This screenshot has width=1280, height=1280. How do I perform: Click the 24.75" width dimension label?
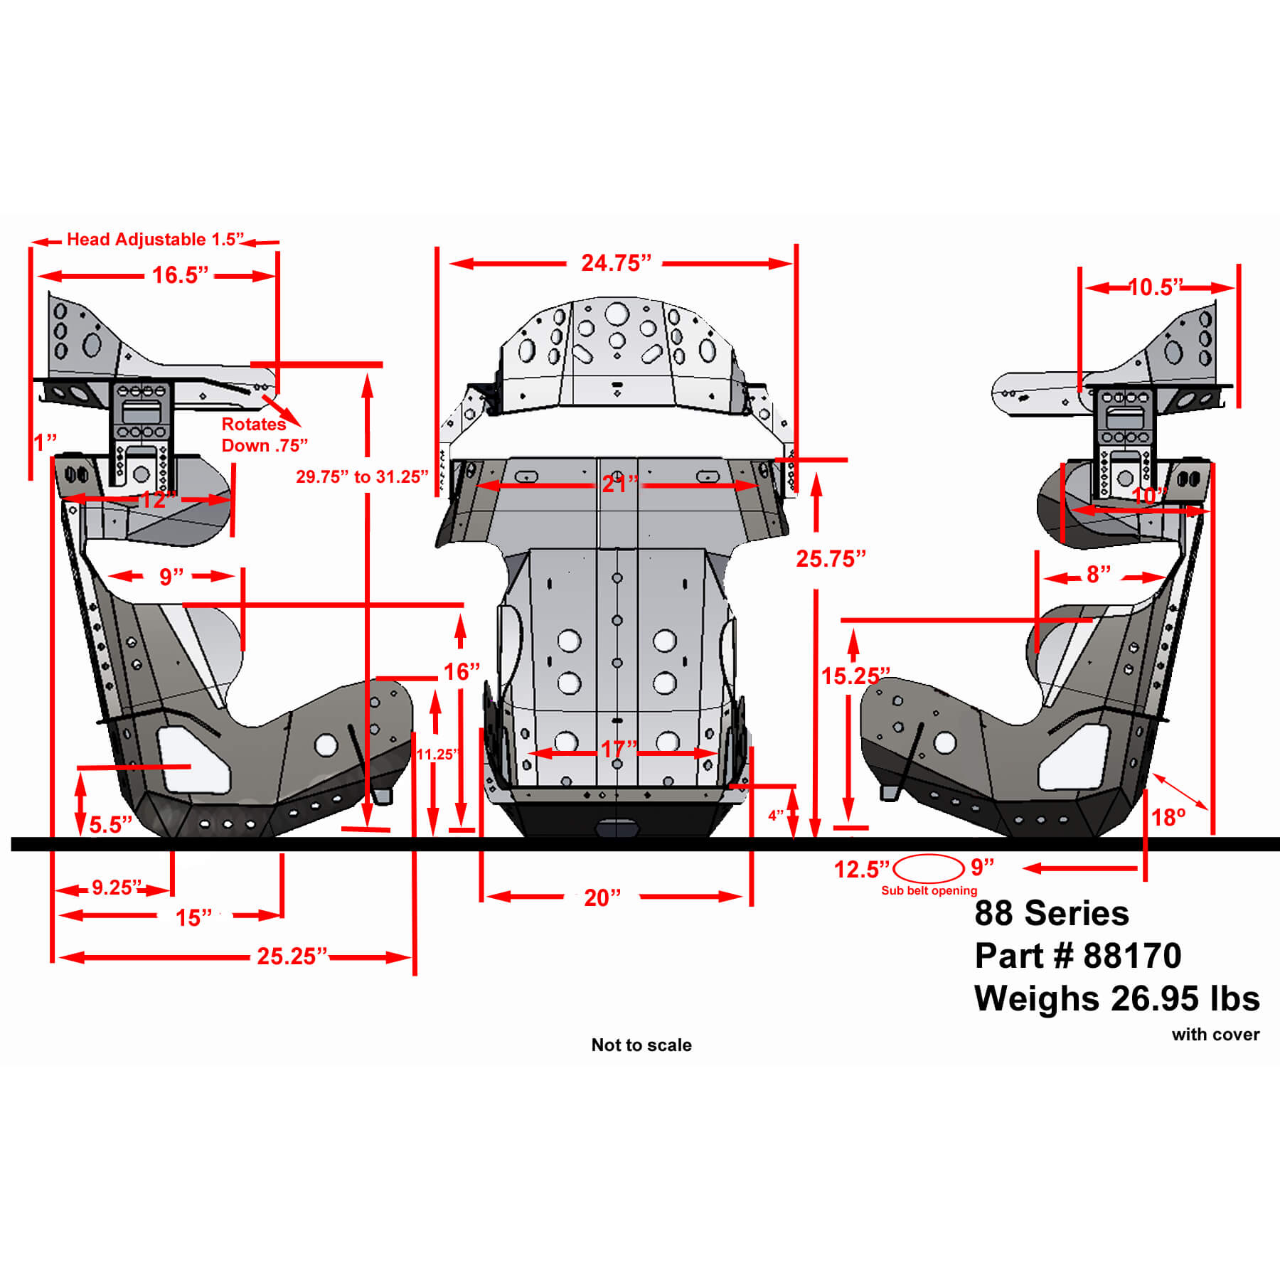pos(616,263)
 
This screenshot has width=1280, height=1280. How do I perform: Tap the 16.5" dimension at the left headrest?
pos(180,275)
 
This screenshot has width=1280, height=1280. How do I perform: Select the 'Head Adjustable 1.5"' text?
pos(155,240)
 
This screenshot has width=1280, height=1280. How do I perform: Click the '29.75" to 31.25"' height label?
pos(362,477)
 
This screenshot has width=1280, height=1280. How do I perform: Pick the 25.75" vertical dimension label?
pos(831,559)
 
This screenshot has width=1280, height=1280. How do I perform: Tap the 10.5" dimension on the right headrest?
pos(1156,287)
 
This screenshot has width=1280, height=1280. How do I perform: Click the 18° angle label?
pos(1168,818)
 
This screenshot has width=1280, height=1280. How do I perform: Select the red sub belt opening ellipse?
pos(929,869)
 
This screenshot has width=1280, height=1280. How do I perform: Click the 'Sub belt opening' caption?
pos(929,891)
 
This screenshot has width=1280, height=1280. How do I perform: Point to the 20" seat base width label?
pos(602,898)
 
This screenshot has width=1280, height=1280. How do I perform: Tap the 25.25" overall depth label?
pos(292,956)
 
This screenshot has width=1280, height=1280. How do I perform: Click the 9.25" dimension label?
pos(117,887)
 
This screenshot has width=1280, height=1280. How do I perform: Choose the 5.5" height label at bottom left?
pos(110,825)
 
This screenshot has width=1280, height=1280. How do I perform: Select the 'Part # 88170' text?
pos(1078,956)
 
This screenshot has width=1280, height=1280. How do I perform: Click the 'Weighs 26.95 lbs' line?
pos(1117,998)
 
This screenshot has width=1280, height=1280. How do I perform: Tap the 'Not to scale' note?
pos(641,1045)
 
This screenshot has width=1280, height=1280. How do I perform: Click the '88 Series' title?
pos(1052,913)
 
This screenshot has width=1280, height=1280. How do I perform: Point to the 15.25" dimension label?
pos(855,676)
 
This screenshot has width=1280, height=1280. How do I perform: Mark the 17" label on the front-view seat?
pos(619,750)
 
